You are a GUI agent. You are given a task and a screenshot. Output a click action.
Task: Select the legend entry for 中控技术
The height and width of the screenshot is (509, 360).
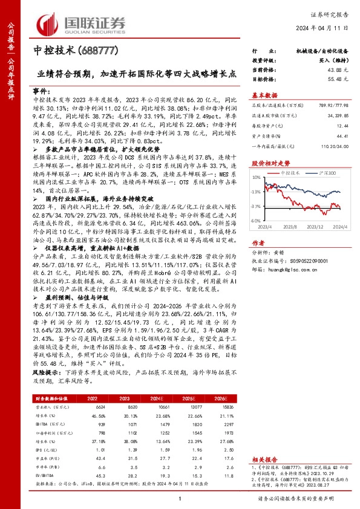pos(293,172)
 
